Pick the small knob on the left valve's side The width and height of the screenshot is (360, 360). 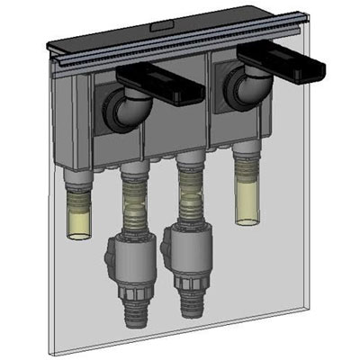point(107,261)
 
